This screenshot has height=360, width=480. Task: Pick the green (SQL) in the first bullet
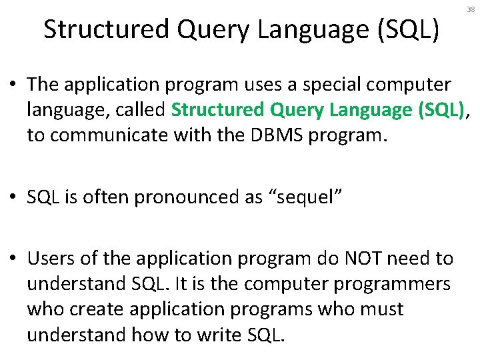click(x=441, y=110)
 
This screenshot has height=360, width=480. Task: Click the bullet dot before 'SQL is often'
click(x=13, y=198)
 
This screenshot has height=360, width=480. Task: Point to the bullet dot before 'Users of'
click(x=13, y=259)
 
